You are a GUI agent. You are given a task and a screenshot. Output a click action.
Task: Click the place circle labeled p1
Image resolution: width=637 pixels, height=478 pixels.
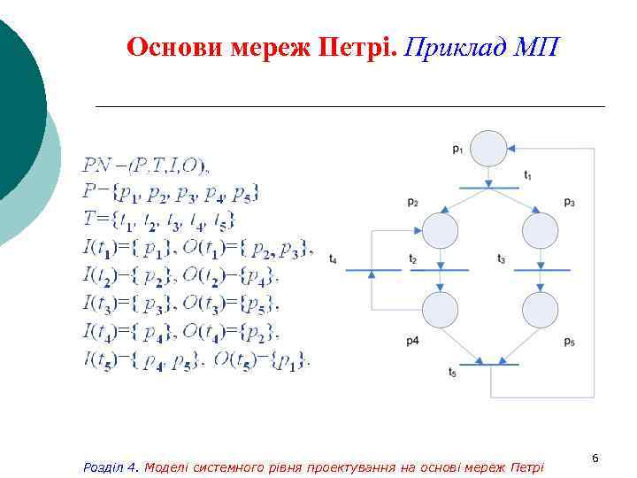[x=489, y=148]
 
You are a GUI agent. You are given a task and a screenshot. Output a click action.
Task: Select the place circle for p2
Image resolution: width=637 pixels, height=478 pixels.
[x=440, y=231]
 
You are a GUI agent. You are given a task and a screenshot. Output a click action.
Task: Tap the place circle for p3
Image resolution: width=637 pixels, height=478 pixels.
[x=540, y=231]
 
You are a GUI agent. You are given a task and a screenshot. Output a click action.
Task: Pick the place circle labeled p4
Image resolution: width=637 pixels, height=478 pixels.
[x=440, y=310]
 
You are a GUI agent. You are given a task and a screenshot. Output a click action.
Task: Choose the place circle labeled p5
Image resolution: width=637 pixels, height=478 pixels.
[x=540, y=310]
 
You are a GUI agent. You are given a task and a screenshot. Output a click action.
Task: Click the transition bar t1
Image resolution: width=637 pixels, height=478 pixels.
[x=489, y=187]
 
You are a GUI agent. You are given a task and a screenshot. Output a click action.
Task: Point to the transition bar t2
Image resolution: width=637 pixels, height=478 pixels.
[x=440, y=269]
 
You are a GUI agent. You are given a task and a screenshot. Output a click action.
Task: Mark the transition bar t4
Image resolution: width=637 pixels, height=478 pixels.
[x=372, y=269]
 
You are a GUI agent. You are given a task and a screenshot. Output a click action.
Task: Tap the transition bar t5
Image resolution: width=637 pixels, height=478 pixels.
[x=489, y=364]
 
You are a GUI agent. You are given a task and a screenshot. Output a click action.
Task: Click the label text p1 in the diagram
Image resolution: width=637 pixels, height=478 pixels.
[x=457, y=150]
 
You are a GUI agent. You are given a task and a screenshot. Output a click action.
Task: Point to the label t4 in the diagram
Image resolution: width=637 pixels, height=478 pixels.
[x=333, y=259]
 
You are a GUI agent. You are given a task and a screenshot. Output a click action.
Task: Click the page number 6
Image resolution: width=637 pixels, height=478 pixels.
[x=595, y=458]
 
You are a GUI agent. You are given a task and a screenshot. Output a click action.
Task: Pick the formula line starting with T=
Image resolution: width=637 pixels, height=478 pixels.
[x=160, y=220]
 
